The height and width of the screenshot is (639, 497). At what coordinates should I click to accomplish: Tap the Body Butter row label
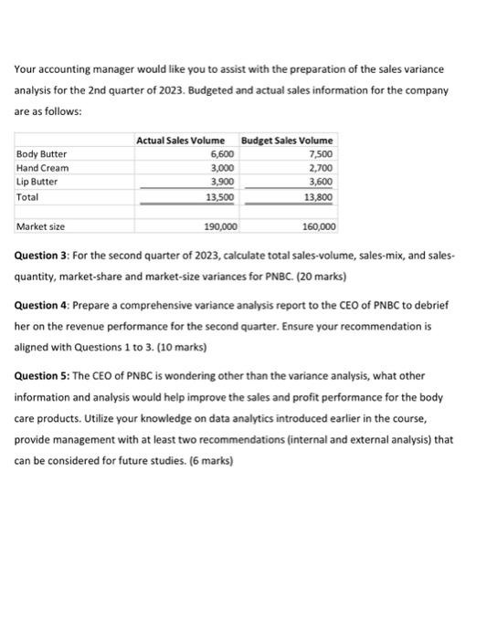41,153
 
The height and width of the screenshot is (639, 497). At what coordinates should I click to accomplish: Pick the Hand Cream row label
42,168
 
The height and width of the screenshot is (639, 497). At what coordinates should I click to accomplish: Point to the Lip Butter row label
38,182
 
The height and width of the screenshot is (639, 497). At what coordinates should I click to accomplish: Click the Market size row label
38,225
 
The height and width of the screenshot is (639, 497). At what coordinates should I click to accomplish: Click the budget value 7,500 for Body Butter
322,153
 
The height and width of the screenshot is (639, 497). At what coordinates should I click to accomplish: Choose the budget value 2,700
322,168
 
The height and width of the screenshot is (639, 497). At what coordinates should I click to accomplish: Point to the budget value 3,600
322,182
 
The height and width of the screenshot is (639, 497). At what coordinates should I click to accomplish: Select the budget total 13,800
320,196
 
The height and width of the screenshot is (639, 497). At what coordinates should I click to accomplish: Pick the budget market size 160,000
319,225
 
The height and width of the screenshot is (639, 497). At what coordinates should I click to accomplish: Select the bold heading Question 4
45,303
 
